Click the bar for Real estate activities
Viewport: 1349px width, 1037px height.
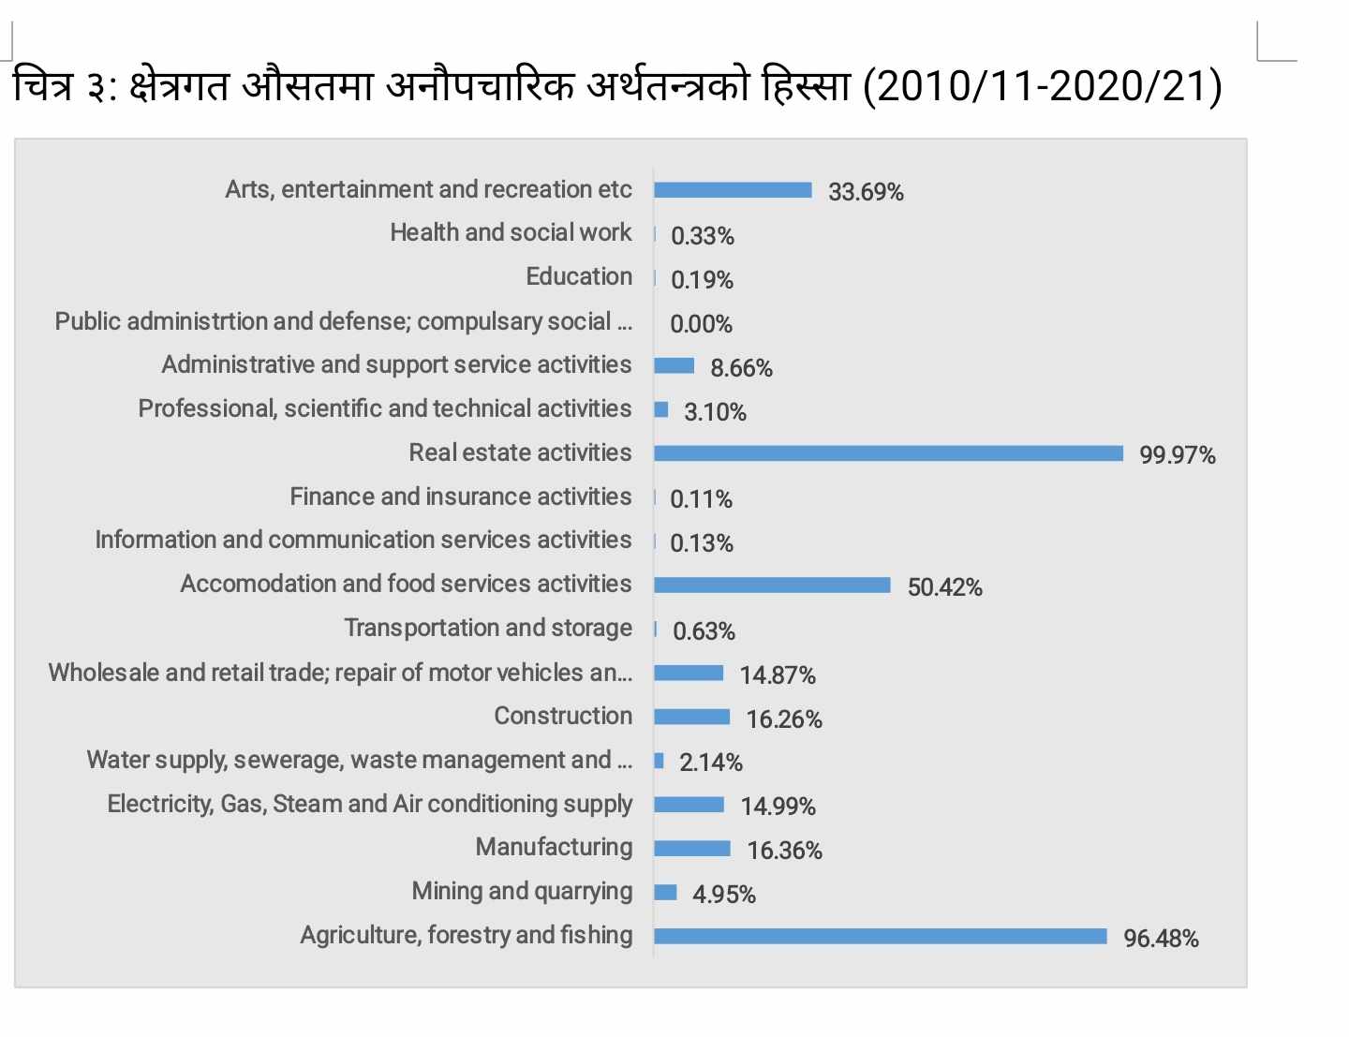tap(888, 453)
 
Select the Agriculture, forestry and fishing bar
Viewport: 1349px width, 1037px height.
tap(880, 936)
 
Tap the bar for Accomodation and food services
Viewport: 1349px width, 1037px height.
tap(772, 585)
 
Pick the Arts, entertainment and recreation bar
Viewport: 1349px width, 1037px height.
tap(733, 190)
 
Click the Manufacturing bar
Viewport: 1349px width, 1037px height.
tap(691, 849)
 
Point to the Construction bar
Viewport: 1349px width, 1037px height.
tap(691, 717)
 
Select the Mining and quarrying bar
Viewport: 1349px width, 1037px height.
tap(665, 892)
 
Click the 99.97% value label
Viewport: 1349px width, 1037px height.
tap(1177, 455)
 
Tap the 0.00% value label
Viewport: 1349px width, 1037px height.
tap(701, 324)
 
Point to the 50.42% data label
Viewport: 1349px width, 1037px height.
tap(944, 587)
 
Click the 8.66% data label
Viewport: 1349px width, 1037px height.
tap(741, 368)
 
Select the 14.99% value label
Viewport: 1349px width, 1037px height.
tap(778, 807)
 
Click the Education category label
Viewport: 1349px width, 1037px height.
tap(578, 276)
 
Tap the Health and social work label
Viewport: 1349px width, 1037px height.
tap(511, 232)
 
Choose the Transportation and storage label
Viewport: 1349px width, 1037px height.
tap(487, 628)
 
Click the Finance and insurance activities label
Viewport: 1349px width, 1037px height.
tap(460, 496)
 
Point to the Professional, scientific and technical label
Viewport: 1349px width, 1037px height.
tap(384, 408)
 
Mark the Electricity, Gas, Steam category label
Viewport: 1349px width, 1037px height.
tap(369, 804)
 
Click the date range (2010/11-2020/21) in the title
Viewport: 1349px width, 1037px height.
tap(1042, 87)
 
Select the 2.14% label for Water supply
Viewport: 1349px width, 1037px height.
tap(710, 763)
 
